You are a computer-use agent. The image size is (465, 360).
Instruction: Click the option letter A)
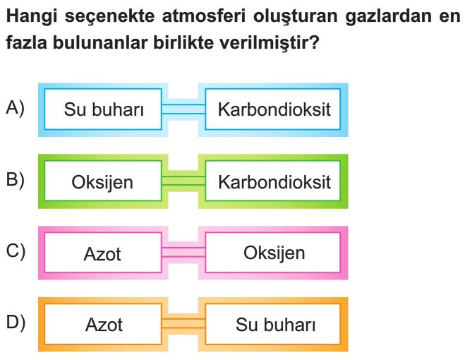[15, 108]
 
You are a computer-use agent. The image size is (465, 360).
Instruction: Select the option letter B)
[15, 179]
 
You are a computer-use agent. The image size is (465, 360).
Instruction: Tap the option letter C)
[16, 251]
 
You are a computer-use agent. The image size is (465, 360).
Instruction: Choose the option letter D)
[16, 322]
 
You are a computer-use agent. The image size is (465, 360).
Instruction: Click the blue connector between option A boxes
[183, 109]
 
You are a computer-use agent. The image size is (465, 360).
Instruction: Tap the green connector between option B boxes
[183, 181]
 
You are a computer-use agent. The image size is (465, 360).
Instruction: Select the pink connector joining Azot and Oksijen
[183, 253]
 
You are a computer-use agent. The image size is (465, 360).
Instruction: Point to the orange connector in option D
[183, 323]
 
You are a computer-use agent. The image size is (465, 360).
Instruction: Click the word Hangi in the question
[32, 17]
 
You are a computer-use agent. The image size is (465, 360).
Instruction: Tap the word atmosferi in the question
[204, 16]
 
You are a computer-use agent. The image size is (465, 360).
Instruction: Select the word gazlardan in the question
[388, 17]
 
